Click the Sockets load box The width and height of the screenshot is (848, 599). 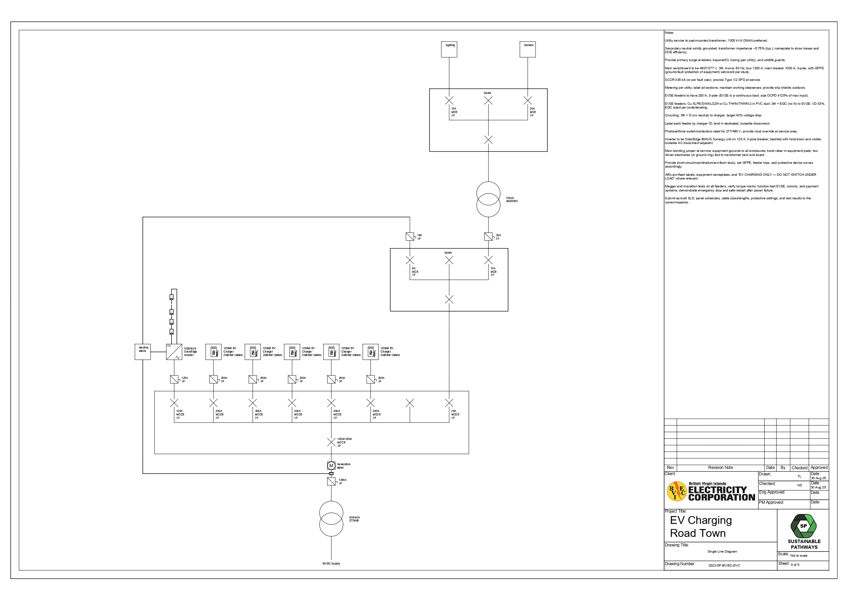[528, 49]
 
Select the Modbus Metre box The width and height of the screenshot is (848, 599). [142, 352]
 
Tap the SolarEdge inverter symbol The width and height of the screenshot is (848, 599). [174, 352]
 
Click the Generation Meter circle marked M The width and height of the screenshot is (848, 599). [331, 466]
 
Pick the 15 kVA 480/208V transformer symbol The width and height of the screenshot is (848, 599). [488, 199]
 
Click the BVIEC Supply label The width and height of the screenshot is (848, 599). [331, 564]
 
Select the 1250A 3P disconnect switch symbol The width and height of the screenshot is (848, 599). [331, 482]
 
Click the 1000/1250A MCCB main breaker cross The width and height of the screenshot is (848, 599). [331, 442]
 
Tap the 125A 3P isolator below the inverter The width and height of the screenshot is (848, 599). [174, 379]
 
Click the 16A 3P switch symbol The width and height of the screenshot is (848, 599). [410, 237]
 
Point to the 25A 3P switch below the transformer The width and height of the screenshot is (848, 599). [488, 237]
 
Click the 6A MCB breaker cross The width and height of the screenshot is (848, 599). [410, 260]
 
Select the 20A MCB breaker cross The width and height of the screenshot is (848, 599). [528, 100]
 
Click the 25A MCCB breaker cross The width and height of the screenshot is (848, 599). [449, 403]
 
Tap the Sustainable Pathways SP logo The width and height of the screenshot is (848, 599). [803, 526]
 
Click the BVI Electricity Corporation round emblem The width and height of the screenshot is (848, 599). [676, 491]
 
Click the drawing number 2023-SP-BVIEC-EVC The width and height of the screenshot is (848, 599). [724, 566]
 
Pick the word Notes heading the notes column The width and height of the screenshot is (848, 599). [669, 33]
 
